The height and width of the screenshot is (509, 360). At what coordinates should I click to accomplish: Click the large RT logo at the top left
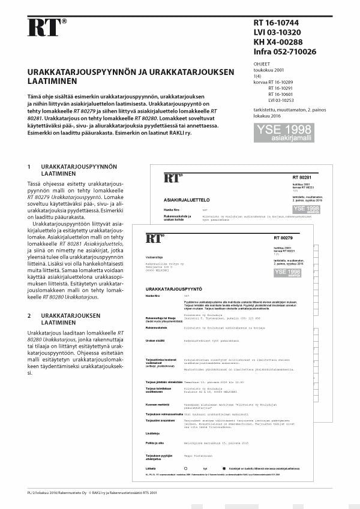(x=46, y=28)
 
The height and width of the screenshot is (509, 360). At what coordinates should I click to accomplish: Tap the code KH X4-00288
(x=278, y=43)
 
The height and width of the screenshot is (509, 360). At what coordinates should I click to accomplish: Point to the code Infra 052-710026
(x=284, y=52)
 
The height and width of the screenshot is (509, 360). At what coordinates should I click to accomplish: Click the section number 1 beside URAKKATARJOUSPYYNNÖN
(x=29, y=166)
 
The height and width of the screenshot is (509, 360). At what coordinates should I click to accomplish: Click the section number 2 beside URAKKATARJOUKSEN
(x=29, y=315)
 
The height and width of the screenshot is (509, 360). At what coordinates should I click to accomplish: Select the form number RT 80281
(x=302, y=178)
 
